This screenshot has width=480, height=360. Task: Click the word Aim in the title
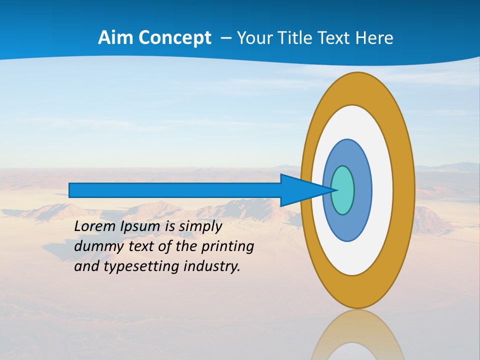click(x=115, y=38)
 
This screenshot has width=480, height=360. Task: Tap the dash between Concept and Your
click(x=225, y=38)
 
